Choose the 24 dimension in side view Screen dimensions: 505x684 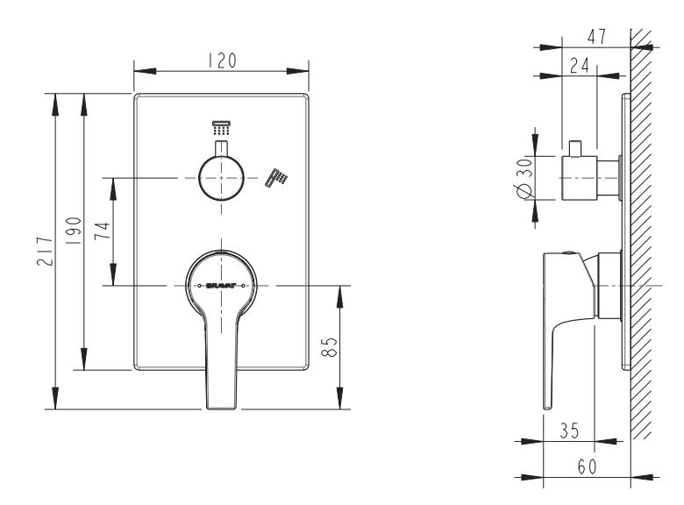pyautogui.click(x=578, y=66)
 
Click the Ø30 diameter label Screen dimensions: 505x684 pyautogui.click(x=524, y=179)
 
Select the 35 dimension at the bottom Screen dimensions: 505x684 pyautogui.click(x=569, y=430)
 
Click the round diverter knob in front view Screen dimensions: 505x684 pyautogui.click(x=221, y=179)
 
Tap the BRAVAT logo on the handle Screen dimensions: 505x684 pyautogui.click(x=222, y=286)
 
